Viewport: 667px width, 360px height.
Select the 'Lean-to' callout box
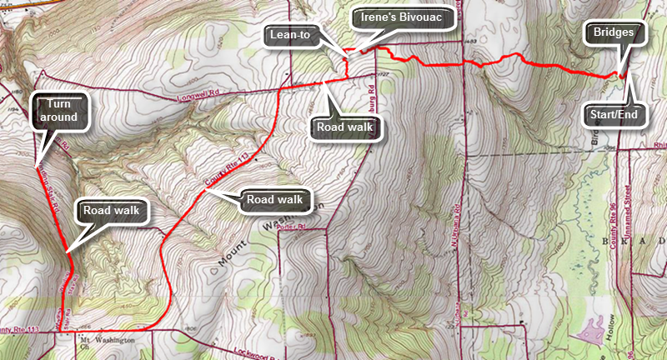[x=291, y=35]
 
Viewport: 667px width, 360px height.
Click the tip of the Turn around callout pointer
[x=39, y=160]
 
